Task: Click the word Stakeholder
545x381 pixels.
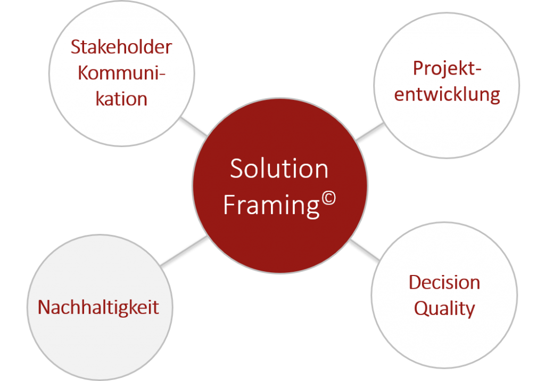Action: click(x=121, y=46)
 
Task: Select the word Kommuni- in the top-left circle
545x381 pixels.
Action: click(x=121, y=73)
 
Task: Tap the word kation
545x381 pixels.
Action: click(x=121, y=99)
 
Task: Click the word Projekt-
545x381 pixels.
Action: click(x=447, y=69)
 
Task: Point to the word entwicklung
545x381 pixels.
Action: click(x=447, y=94)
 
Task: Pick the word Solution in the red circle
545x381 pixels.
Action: click(x=279, y=169)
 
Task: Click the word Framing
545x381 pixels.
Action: click(x=271, y=206)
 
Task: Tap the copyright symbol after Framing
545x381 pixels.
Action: click(x=328, y=199)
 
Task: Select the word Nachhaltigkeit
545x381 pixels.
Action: click(x=98, y=308)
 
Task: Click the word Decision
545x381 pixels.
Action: click(x=444, y=282)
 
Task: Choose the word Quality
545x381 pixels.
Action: click(x=444, y=309)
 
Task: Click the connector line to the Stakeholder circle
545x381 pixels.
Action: click(x=194, y=126)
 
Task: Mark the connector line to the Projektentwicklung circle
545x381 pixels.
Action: click(x=370, y=132)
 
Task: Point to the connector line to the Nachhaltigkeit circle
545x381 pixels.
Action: click(x=184, y=251)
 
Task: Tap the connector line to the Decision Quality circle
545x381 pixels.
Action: click(x=365, y=250)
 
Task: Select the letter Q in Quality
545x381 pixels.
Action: click(x=422, y=309)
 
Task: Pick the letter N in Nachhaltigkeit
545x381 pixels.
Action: click(x=45, y=307)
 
